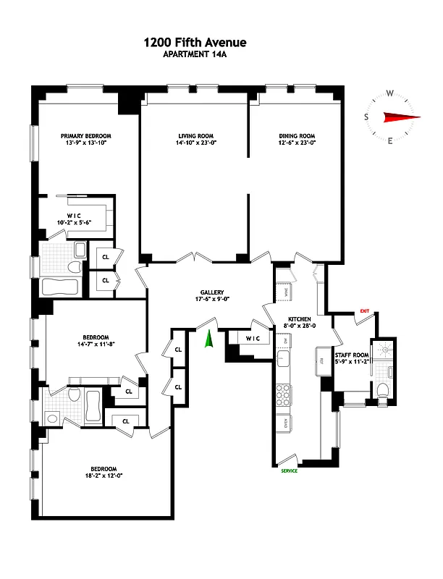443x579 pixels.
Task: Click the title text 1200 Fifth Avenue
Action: (x=195, y=43)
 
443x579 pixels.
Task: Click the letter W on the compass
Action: (x=389, y=93)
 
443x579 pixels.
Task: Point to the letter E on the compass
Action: (x=391, y=141)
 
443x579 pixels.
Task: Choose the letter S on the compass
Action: (x=366, y=117)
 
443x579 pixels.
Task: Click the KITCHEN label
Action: (x=300, y=318)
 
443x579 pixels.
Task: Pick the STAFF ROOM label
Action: (x=351, y=355)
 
